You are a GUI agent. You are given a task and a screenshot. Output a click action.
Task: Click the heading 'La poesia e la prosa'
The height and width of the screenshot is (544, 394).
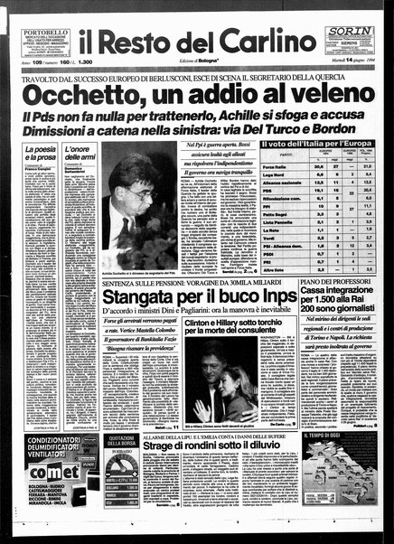(x=40, y=153)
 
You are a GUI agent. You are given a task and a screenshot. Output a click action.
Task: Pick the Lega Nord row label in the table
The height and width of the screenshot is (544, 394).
(x=273, y=174)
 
